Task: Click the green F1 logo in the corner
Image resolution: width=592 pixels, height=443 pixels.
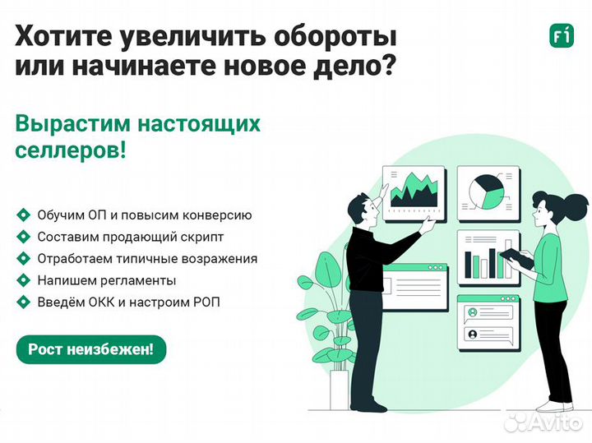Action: point(561,36)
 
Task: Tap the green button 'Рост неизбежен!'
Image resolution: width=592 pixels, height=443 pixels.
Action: point(91,349)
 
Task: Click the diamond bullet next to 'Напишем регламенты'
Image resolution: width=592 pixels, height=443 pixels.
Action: point(23,280)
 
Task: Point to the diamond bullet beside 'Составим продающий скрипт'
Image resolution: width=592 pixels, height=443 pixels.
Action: point(23,237)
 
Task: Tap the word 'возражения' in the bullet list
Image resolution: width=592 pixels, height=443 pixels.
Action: point(222,259)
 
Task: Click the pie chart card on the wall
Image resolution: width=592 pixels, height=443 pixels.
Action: point(488,192)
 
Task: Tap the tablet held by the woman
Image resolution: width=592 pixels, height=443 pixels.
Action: point(516,258)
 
